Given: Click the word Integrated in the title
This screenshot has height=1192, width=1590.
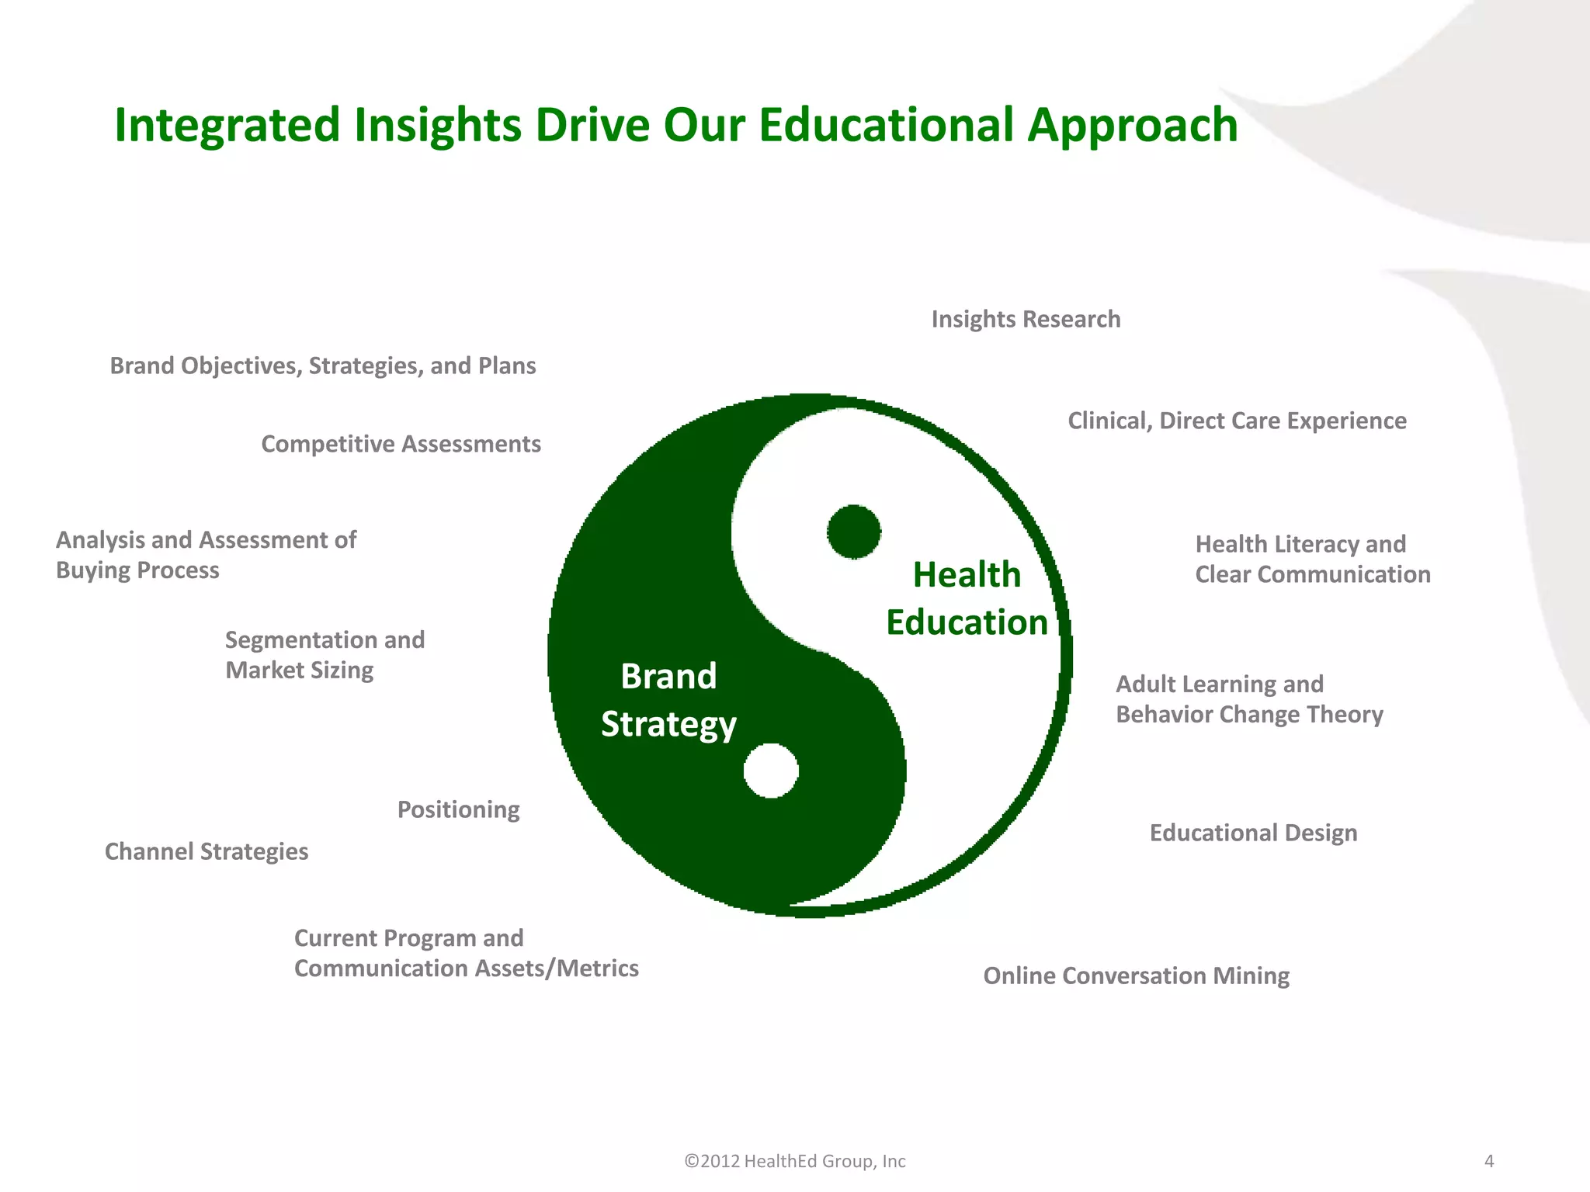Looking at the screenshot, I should click(227, 126).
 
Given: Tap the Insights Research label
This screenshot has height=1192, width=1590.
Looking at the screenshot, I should click(1026, 320).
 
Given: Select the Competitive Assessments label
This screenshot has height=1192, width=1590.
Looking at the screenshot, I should click(401, 445).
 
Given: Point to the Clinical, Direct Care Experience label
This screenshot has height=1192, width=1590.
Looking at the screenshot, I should click(1237, 421).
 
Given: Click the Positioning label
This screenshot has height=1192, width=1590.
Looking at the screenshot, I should click(458, 810).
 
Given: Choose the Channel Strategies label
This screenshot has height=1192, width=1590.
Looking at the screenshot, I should click(207, 852).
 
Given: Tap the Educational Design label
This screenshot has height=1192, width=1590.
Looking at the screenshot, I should click(1253, 833).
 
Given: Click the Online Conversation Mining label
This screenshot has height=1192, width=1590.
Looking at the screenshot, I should click(1136, 976).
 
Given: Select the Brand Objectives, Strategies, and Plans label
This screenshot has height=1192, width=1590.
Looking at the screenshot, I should click(323, 366).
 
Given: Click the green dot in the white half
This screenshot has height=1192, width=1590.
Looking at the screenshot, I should click(853, 532).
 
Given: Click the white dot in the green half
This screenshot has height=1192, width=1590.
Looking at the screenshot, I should click(771, 771).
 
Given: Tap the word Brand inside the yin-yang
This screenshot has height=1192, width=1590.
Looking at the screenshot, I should click(668, 677).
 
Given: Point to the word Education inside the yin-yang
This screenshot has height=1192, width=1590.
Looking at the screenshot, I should click(967, 623).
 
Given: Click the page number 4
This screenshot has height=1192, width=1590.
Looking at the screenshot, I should click(1488, 1162).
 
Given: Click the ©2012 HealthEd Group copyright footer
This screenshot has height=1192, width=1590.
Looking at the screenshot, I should click(795, 1162).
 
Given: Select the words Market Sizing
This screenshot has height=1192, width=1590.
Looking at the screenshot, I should click(299, 670).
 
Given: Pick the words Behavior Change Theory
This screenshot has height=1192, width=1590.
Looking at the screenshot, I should click(1249, 715).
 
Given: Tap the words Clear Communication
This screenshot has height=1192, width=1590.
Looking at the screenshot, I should click(1312, 575).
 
